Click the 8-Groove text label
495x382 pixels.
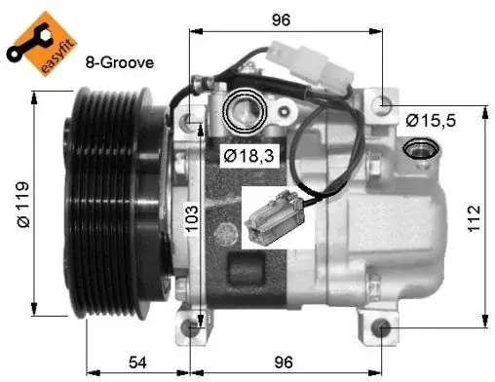point(120,62)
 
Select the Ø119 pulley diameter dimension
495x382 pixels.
point(23,205)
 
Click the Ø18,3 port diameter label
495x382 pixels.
point(249,156)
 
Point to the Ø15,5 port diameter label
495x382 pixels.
point(431,121)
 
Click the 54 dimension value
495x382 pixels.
point(137,363)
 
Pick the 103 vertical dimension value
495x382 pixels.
point(192,218)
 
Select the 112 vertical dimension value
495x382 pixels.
point(474,218)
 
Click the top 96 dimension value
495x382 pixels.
point(281,19)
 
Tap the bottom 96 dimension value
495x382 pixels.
point(284,363)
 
